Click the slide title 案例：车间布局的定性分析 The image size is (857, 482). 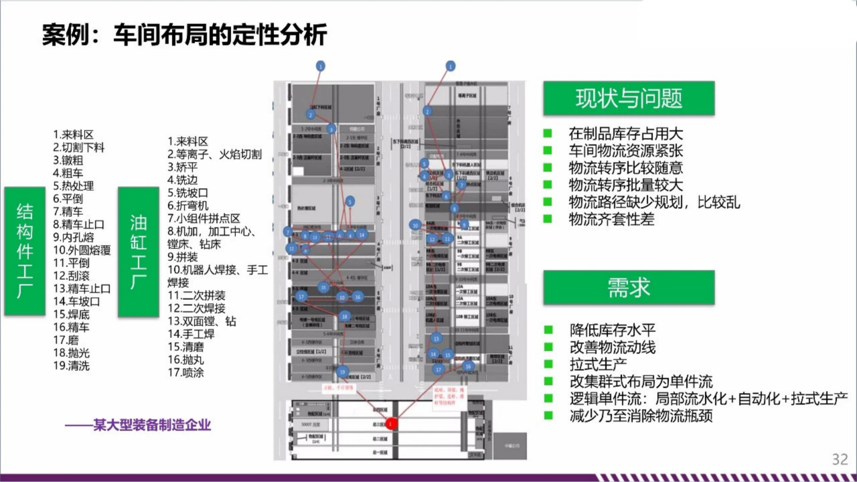(185, 35)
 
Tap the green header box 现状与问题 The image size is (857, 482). (629, 98)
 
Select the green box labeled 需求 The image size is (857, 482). (629, 288)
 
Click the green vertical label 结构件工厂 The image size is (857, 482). (25, 251)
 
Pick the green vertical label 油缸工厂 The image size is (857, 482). (139, 251)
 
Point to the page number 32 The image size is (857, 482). (840, 459)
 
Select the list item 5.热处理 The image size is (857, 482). (74, 185)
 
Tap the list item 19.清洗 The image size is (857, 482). (71, 366)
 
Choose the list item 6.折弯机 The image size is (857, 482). (188, 206)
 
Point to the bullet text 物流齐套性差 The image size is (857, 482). (611, 219)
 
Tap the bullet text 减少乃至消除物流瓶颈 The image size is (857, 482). (641, 416)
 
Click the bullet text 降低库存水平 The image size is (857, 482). (612, 330)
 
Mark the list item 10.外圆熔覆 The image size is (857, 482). (82, 250)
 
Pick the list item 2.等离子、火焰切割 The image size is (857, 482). (215, 155)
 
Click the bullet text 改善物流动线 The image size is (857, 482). (612, 347)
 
